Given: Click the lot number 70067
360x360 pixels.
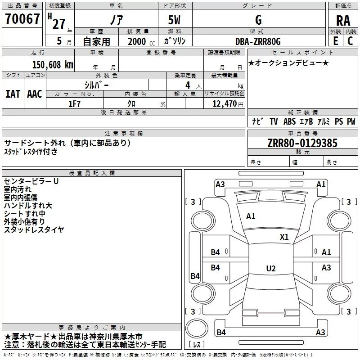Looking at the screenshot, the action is (x=22, y=19).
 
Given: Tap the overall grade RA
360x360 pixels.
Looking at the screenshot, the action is (x=343, y=21).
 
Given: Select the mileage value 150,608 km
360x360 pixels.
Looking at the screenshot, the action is (x=53, y=65).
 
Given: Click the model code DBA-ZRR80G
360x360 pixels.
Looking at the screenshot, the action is (x=258, y=41).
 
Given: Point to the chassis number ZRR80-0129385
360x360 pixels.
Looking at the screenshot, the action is (x=302, y=143).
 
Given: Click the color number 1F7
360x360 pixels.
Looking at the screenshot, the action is (x=74, y=104).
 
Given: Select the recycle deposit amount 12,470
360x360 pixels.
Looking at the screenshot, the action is (x=225, y=104).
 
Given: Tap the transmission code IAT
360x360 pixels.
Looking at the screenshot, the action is (x=13, y=94).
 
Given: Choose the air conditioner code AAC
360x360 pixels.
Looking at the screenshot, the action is (x=35, y=94).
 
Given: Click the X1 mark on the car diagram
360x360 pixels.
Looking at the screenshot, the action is (x=284, y=237).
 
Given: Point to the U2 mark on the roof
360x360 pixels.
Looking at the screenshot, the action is (x=271, y=268).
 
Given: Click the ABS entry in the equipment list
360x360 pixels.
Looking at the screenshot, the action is (x=289, y=121).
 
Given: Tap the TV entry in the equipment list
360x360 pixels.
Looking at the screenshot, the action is (x=274, y=121).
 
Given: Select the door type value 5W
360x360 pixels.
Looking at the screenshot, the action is (x=174, y=20).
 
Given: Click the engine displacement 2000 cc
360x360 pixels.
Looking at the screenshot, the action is (x=141, y=41).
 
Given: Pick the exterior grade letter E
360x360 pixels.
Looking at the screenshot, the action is (x=336, y=41).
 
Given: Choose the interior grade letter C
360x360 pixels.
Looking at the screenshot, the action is (x=350, y=41).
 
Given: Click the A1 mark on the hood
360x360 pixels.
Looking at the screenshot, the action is (x=251, y=216).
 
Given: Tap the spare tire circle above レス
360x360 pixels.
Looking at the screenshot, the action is (x=197, y=328).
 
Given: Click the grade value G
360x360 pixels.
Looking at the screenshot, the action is (x=258, y=20).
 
